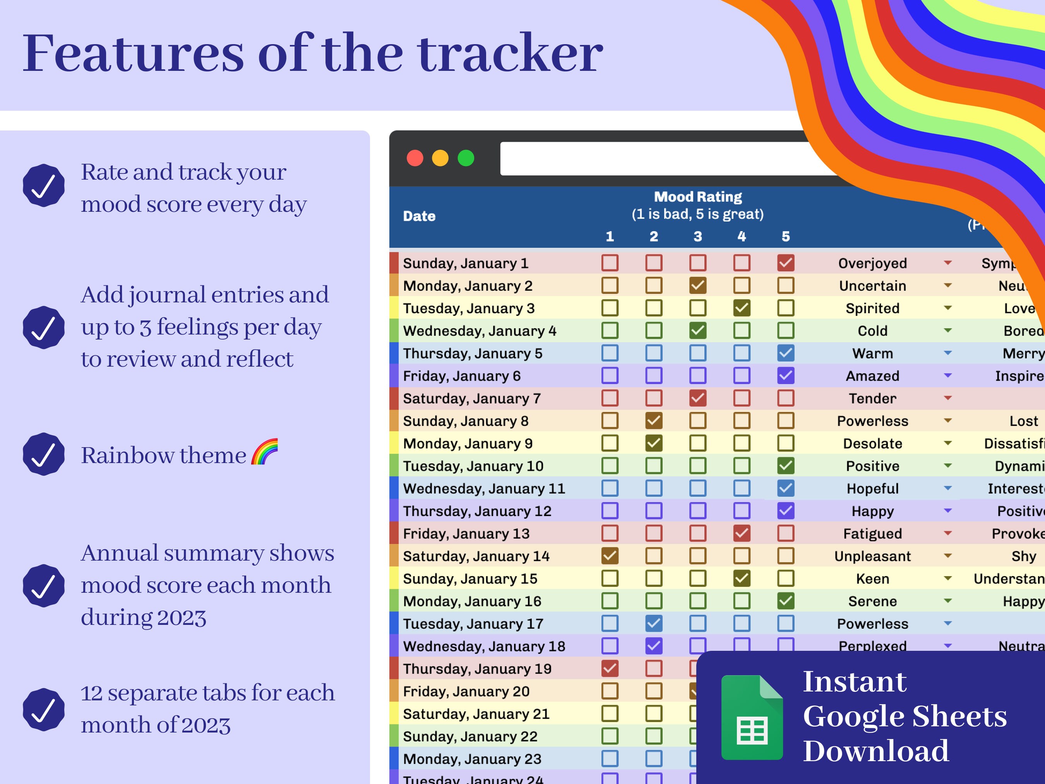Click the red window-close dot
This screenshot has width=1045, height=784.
[415, 158]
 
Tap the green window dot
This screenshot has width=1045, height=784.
[466, 158]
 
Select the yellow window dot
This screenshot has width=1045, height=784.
[440, 158]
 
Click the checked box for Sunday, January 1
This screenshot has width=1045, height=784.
[786, 263]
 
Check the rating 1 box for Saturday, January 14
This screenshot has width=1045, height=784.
[610, 556]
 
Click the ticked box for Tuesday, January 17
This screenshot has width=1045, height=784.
[654, 623]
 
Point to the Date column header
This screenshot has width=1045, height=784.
[419, 216]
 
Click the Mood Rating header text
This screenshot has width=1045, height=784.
[698, 197]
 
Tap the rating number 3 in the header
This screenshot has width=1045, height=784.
[698, 236]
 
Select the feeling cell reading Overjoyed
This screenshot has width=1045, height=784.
[872, 263]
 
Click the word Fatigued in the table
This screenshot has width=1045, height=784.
[872, 534]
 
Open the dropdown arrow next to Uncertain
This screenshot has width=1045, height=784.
[948, 285]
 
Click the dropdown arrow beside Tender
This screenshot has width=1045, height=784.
[948, 398]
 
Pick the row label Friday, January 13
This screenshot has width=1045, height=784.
[466, 534]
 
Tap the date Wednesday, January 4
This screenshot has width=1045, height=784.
[479, 331]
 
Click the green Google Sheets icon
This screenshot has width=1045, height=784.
[752, 717]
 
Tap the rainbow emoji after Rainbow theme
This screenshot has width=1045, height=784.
[265, 452]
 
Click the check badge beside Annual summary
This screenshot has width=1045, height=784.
[43, 585]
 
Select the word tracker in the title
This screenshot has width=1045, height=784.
[510, 53]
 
